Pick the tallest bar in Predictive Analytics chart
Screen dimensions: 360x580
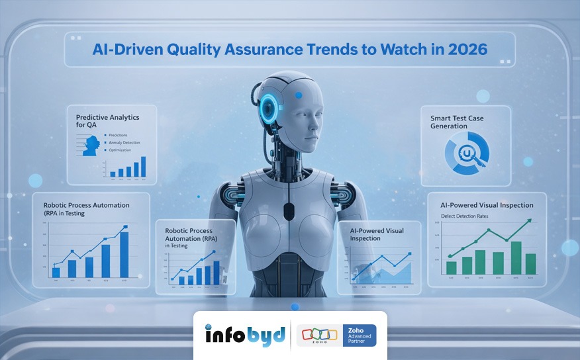click(144, 166)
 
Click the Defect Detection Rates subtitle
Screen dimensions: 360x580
click(466, 216)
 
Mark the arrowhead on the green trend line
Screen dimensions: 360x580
click(529, 222)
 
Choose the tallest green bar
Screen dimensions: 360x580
click(516, 257)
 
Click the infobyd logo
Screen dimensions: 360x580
click(245, 335)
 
